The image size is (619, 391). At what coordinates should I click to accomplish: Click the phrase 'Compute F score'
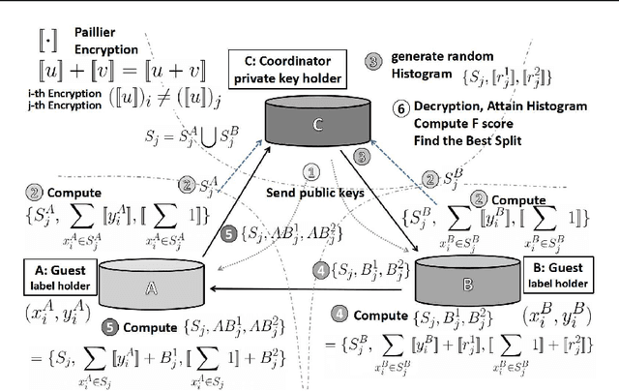click(457, 123)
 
